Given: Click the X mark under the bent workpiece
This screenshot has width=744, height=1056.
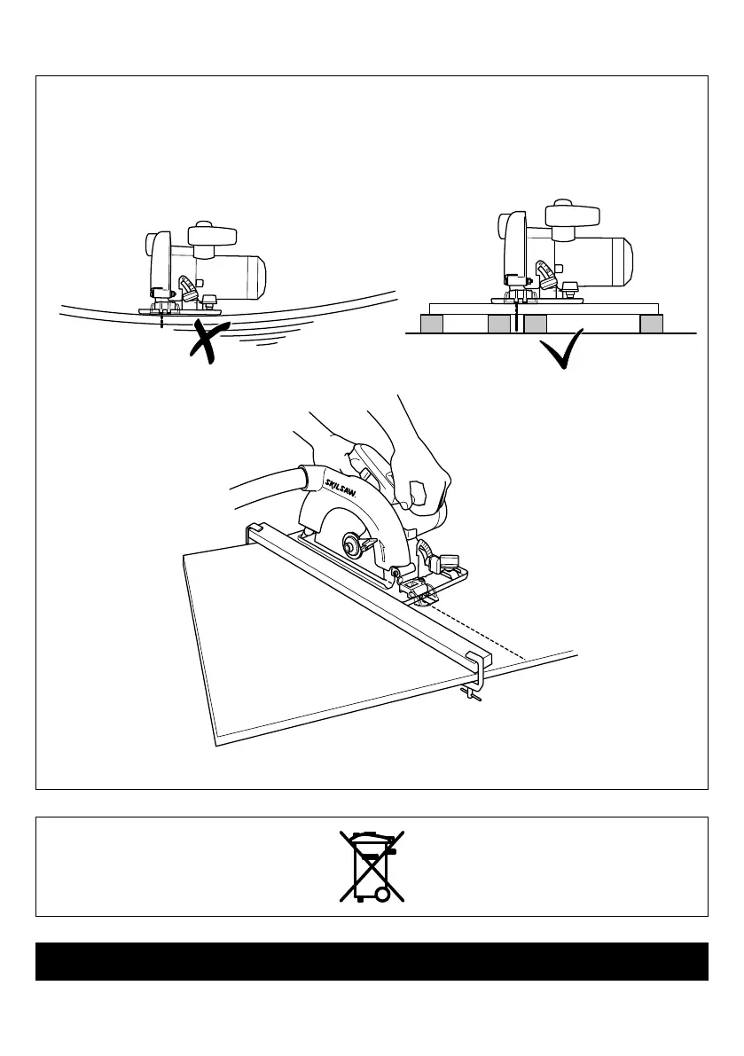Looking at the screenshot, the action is coord(209,342).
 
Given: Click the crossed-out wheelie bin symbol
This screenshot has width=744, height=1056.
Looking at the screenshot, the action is coord(372,866).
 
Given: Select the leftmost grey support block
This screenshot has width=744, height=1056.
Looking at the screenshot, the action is coord(432,325).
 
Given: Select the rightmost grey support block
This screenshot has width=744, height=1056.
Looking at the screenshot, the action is coord(652,325).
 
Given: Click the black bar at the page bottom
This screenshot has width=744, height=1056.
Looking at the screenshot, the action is coord(372,961).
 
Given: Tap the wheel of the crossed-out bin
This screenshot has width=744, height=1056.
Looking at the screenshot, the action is coord(383,895).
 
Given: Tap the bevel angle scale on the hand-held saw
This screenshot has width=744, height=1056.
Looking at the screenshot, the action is coord(430,556).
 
